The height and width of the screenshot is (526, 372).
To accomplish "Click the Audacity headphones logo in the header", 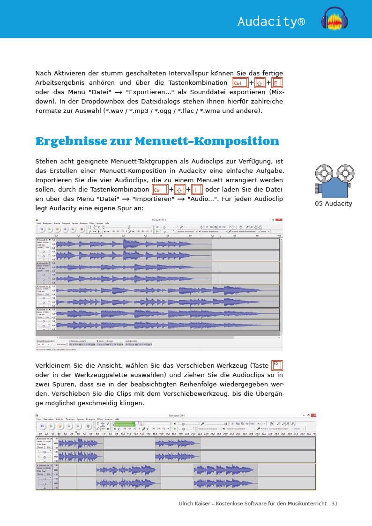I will (334, 20).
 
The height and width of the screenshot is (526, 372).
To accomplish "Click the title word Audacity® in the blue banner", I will (271, 21).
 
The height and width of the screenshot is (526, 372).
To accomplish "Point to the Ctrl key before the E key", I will (240, 83).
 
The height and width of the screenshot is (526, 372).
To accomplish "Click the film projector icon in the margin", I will (333, 180).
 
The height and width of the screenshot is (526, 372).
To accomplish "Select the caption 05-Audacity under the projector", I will (333, 203).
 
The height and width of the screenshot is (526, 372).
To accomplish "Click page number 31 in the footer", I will (334, 504).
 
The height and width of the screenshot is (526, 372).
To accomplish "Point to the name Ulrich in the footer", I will (187, 504).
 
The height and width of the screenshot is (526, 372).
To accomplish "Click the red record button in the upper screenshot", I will (82, 230).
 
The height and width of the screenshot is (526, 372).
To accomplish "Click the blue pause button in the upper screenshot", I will (41, 230).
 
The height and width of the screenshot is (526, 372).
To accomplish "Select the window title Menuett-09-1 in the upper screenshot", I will (159, 219).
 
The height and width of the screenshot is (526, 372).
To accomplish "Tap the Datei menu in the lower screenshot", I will (39, 419).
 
